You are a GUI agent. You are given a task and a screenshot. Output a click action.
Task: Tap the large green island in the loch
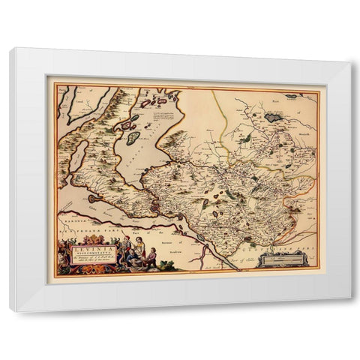[x=133, y=138]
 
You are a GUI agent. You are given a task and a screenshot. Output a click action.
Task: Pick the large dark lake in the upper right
[x=271, y=117]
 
